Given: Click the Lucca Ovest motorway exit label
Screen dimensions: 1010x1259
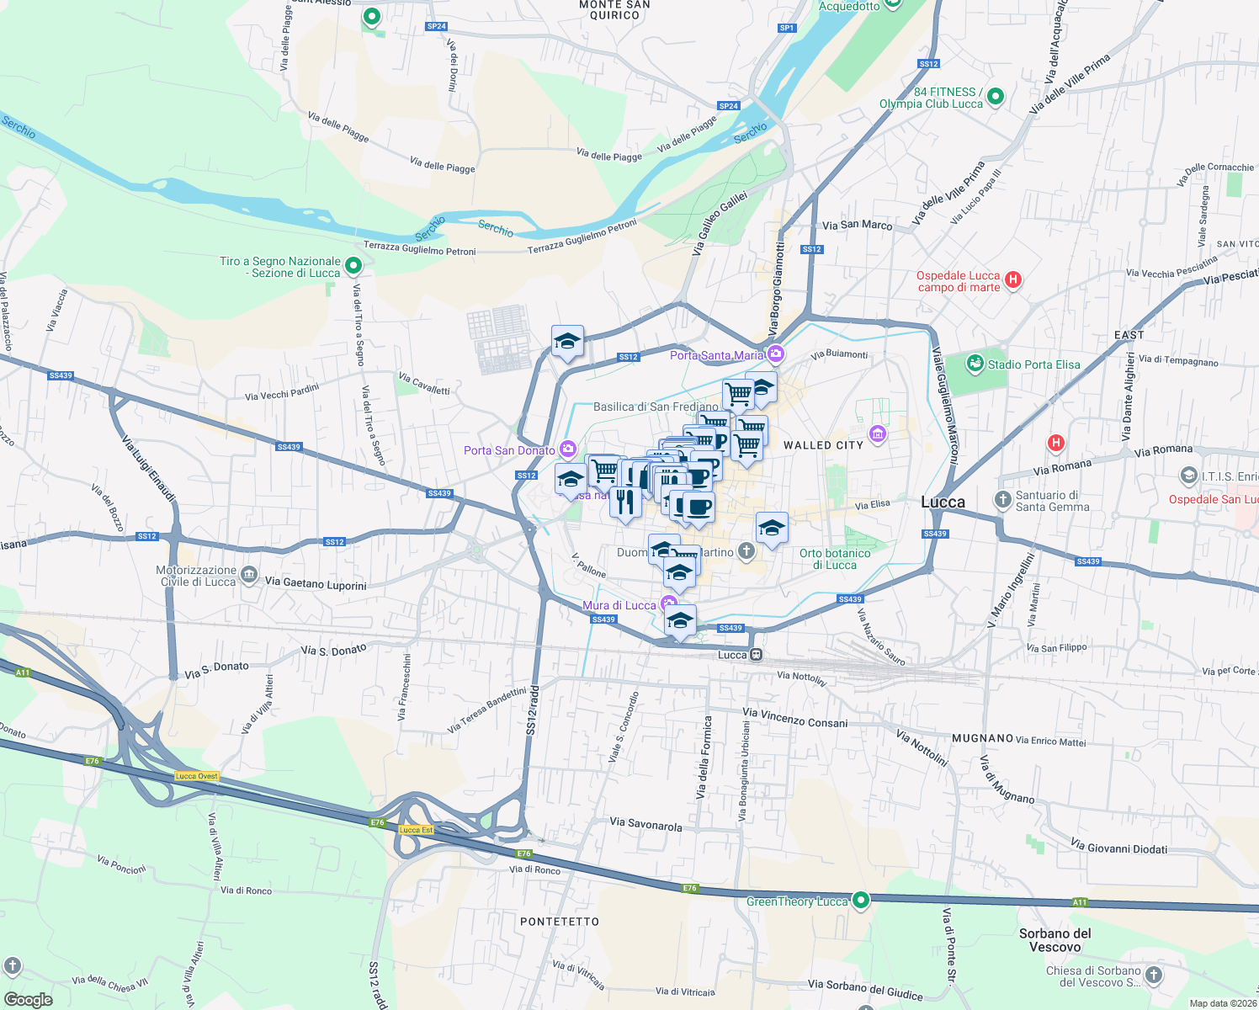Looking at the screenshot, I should click(197, 776).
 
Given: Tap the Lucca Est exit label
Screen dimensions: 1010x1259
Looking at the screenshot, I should click(416, 830).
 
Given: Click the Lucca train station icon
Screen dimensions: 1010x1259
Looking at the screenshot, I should click(757, 655).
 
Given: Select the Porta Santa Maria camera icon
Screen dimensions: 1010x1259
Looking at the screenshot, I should click(775, 354).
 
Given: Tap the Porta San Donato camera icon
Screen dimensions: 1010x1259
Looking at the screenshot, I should click(568, 449).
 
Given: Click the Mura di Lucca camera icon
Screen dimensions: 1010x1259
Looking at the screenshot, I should click(668, 604).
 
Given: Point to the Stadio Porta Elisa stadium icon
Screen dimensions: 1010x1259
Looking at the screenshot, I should click(975, 364).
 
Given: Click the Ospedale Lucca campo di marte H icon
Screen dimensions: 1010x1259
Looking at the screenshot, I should click(1013, 280).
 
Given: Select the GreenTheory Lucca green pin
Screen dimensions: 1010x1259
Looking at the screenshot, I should click(860, 901).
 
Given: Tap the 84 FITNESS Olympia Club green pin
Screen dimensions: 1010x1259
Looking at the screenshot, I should click(995, 97).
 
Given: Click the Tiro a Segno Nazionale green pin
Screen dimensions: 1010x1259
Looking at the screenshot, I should click(353, 266).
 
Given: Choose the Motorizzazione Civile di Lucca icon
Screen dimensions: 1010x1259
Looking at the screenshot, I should click(249, 575).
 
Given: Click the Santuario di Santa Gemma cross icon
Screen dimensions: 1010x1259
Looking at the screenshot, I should click(1002, 500).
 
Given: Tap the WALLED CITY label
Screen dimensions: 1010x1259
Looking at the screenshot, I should click(823, 445).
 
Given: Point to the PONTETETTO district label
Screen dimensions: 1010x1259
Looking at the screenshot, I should click(560, 922).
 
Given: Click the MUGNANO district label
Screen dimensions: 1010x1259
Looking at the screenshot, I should click(982, 738).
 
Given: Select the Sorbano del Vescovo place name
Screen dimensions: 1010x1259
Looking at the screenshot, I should click(1054, 939).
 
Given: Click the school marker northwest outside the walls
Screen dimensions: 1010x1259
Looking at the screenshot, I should click(567, 342).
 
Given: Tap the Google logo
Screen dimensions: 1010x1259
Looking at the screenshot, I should click(29, 999).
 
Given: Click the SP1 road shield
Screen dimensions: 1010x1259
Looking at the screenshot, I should click(787, 28).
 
